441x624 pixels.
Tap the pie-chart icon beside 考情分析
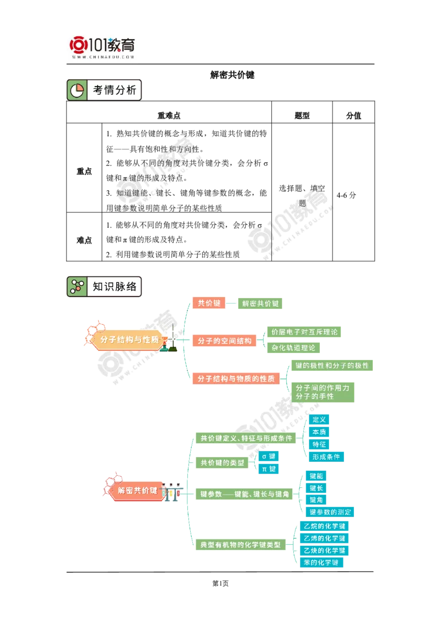click(x=77, y=90)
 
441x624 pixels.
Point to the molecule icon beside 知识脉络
click(x=77, y=287)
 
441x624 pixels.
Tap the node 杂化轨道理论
click(x=293, y=348)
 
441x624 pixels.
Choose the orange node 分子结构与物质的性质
click(x=236, y=379)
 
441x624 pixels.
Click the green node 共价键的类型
click(x=222, y=463)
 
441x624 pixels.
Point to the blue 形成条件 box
click(x=326, y=456)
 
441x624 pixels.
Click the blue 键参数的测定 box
click(x=330, y=512)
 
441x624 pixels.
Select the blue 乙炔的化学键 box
click(x=324, y=550)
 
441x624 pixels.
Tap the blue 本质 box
click(x=319, y=432)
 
